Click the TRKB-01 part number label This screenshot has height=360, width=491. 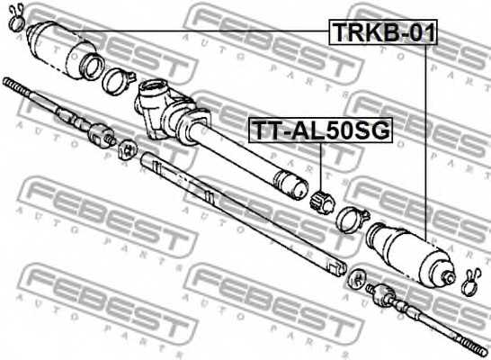[x=383, y=34]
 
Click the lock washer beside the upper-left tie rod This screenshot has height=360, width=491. [x=128, y=148]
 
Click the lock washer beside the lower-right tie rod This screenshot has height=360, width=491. [x=356, y=275]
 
